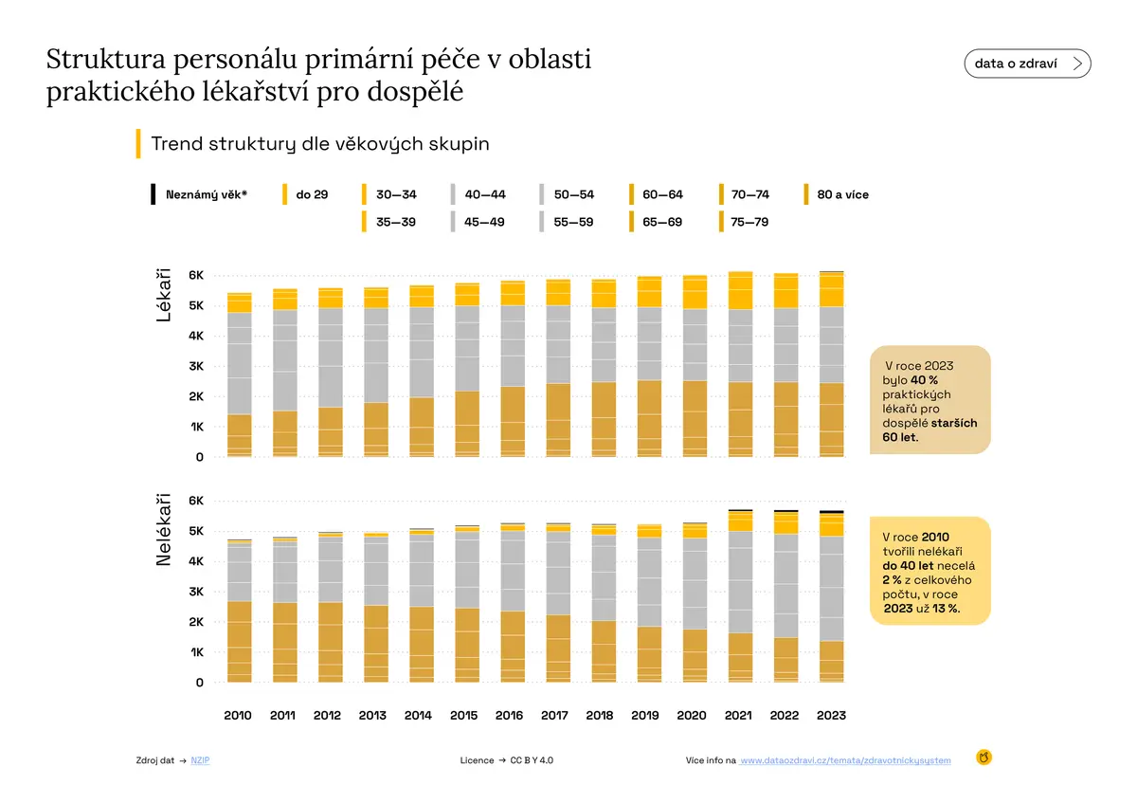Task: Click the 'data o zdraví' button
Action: (1027, 64)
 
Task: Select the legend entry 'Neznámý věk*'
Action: (199, 194)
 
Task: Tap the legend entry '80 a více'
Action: (837, 194)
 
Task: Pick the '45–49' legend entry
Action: (478, 222)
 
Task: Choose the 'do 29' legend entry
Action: (305, 194)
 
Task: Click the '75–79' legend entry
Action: (744, 222)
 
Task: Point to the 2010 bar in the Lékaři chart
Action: (239, 375)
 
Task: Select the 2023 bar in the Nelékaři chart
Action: (831, 596)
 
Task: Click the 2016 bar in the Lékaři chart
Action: (513, 369)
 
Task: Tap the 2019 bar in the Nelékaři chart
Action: (649, 603)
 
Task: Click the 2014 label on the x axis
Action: (418, 715)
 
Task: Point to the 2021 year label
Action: (738, 715)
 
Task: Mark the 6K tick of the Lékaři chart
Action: (196, 275)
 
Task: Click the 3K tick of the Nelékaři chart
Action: (196, 592)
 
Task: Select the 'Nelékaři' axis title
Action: (163, 529)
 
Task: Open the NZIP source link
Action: (200, 760)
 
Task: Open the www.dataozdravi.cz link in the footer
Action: (845, 760)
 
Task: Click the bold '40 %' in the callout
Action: (924, 380)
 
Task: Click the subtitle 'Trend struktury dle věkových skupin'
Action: (320, 144)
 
